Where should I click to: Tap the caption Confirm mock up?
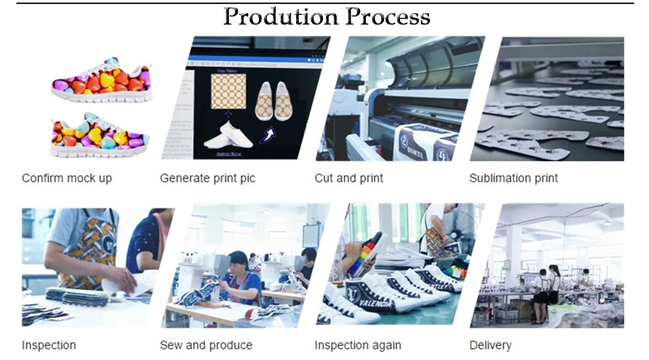click(x=67, y=178)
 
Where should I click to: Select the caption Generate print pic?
click(x=208, y=178)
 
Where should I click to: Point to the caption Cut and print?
click(x=349, y=178)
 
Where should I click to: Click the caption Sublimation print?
click(x=514, y=178)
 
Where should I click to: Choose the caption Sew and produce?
click(x=206, y=345)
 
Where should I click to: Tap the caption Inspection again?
click(x=358, y=345)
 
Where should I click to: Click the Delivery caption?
click(x=490, y=345)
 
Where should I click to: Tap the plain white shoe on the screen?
click(x=229, y=135)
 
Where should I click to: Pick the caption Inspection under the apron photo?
click(x=49, y=345)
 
